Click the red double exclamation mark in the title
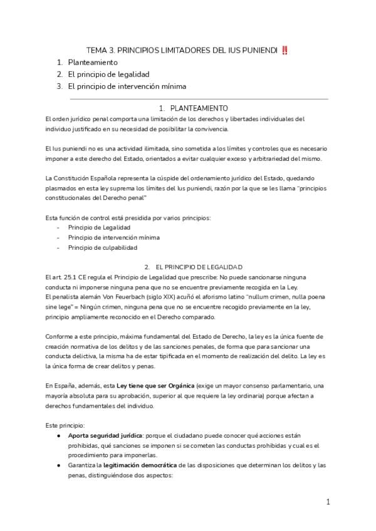click(285, 51)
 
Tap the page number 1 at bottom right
click(328, 502)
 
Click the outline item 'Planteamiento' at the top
click(93, 63)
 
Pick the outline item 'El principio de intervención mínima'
click(127, 86)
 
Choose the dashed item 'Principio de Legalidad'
click(99, 227)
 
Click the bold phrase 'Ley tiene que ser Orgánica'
click(153, 384)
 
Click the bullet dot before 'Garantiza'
click(58, 466)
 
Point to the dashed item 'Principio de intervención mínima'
click(114, 237)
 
